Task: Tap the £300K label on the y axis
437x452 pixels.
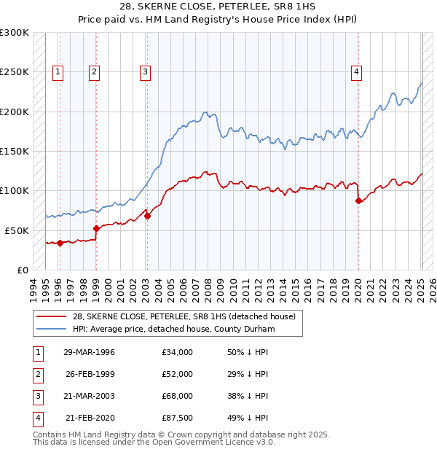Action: point(15,33)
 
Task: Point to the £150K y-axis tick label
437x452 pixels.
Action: point(15,151)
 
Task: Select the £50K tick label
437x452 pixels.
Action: point(17,230)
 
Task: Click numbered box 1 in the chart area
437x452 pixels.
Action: point(58,71)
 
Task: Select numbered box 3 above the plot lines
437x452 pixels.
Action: point(146,71)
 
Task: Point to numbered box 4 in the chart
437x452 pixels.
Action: point(356,71)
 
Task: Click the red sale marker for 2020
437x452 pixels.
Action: point(358,200)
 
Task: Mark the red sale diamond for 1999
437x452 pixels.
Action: point(96,228)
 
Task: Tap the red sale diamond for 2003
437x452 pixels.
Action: point(147,216)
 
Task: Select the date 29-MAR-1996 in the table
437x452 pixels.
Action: point(90,352)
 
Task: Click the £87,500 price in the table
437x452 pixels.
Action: point(178,418)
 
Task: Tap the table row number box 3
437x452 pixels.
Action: point(36,396)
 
